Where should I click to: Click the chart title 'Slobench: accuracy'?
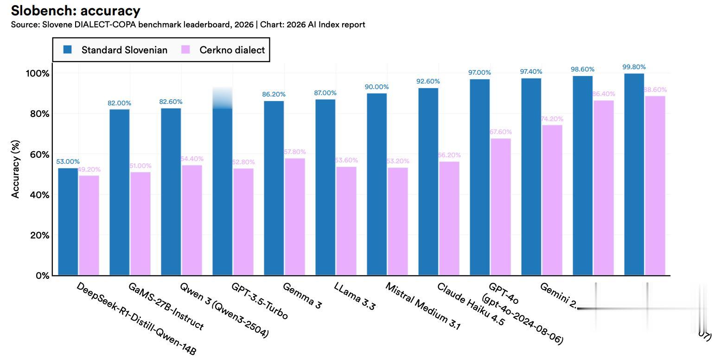75,10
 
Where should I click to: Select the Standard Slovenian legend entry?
115,50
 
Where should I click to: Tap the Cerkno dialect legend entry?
223,50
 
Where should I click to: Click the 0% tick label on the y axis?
42,276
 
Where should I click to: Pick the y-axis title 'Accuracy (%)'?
16,170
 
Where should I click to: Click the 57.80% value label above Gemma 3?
294,152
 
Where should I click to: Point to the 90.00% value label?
376,87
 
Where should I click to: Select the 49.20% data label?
89,169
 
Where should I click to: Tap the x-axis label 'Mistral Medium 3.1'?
423,306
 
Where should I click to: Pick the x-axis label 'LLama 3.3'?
355,296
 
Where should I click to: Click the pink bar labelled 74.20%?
552,200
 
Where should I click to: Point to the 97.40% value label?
531,71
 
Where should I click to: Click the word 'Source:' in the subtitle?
25,25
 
